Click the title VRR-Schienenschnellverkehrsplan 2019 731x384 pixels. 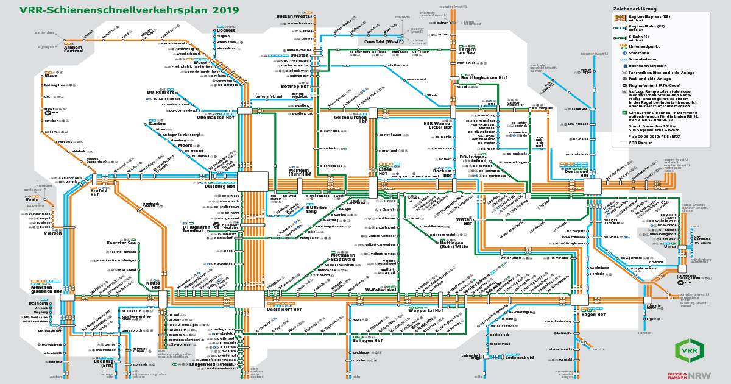(x=129, y=11)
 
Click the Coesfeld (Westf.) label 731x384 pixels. (x=383, y=41)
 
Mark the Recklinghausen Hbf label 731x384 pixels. (x=484, y=78)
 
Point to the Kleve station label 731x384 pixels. (x=51, y=76)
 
